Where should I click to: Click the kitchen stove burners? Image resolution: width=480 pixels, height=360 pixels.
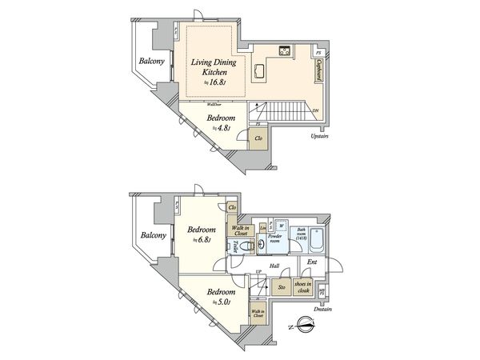(x=286, y=51)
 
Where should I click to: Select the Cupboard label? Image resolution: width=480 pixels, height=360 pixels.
(x=319, y=69)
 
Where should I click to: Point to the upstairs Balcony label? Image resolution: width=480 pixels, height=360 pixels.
(x=152, y=62)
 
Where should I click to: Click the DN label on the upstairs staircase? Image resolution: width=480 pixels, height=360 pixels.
(x=315, y=110)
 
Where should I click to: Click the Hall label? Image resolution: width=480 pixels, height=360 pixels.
(x=274, y=266)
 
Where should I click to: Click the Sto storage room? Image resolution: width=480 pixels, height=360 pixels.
(x=281, y=286)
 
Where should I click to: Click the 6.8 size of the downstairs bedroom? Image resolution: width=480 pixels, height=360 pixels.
(x=205, y=238)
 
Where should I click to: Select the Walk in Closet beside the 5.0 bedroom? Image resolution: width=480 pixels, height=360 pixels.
(x=258, y=314)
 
